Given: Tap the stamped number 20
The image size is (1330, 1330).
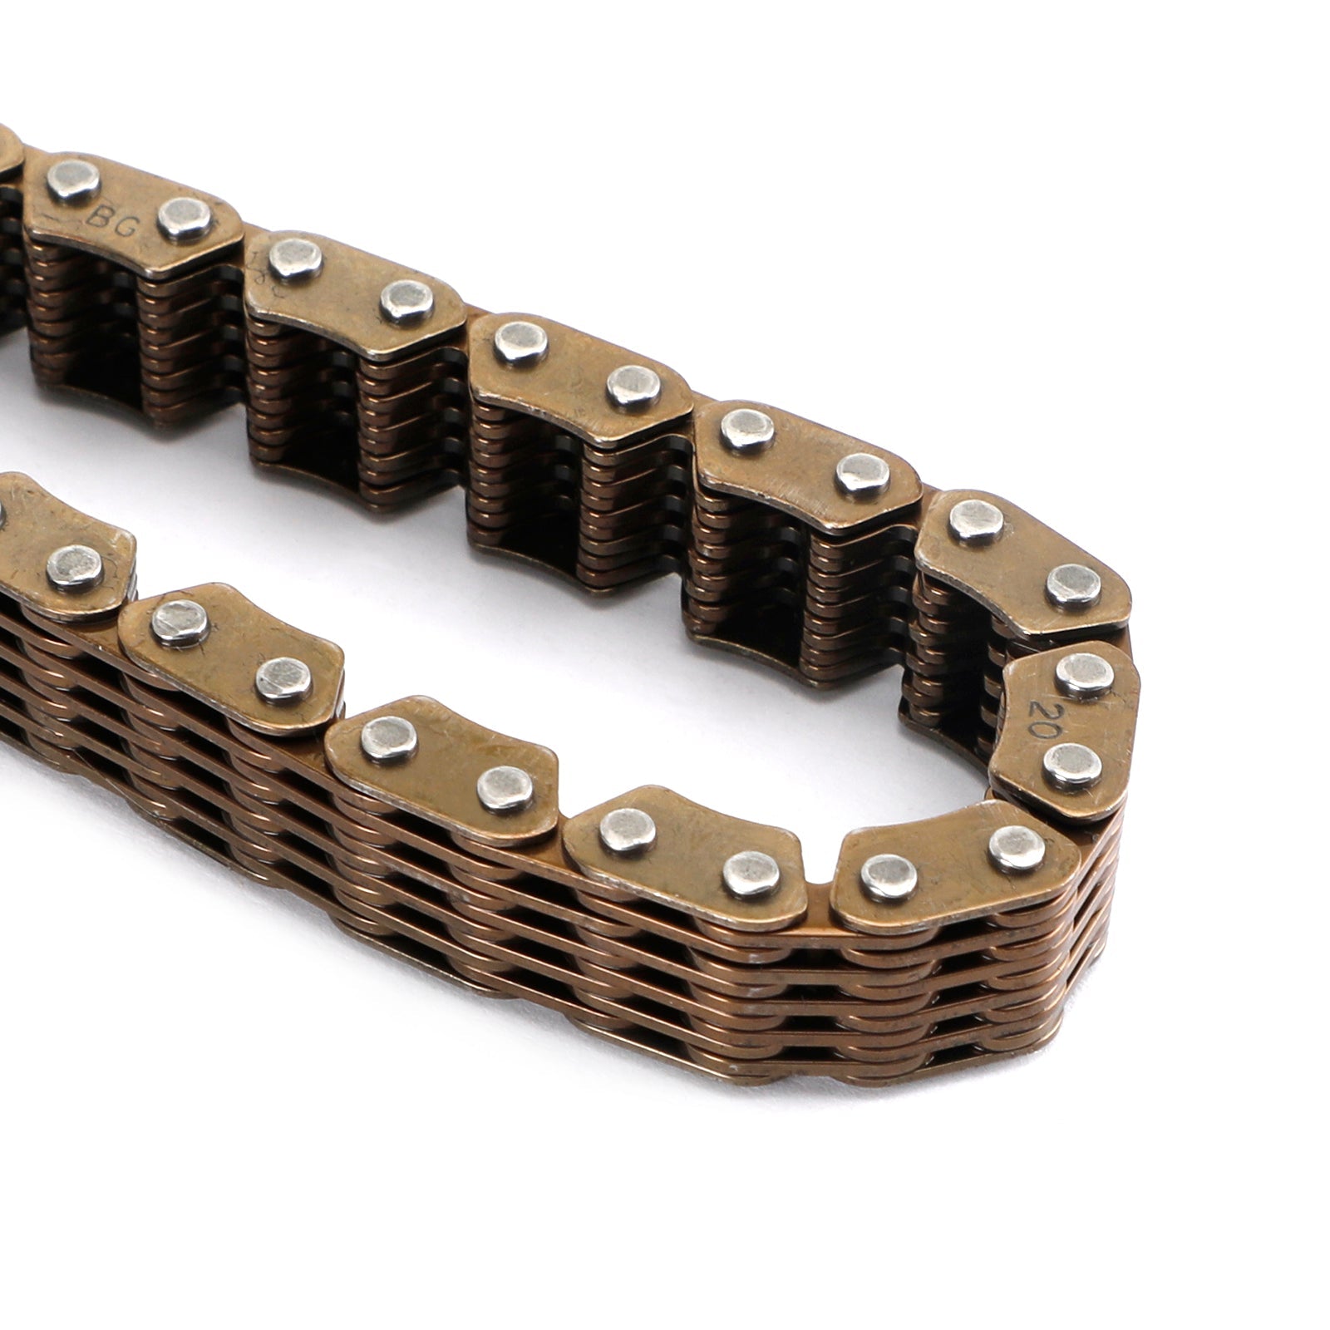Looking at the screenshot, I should click(x=1042, y=713).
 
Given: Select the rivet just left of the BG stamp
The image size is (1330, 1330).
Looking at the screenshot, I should click(x=73, y=182).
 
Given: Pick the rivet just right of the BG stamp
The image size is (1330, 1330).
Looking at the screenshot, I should click(x=185, y=218).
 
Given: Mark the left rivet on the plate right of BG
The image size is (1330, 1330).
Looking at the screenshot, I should click(x=296, y=257).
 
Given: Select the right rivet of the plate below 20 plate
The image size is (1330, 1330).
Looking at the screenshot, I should click(x=1017, y=847).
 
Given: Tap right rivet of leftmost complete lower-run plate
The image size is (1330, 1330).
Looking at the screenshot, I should click(x=284, y=679).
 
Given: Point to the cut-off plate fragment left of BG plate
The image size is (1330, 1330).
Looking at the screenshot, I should click(x=8, y=154).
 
